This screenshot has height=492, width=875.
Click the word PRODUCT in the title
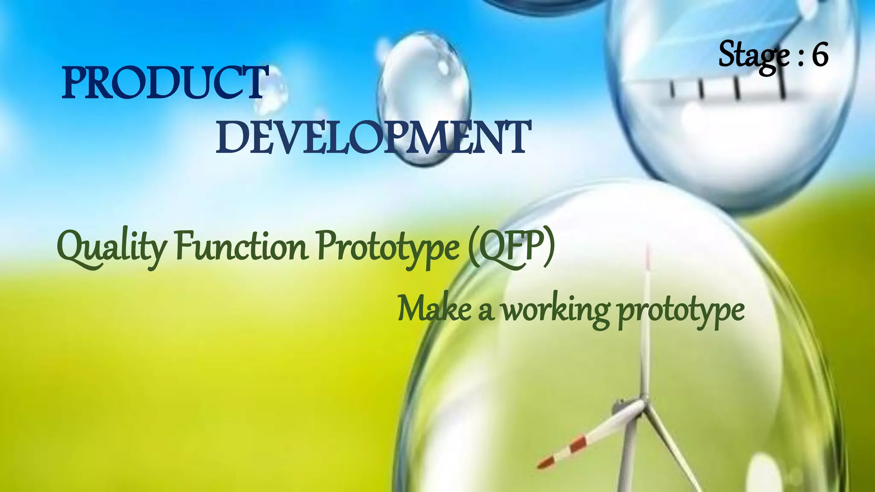[x=164, y=83]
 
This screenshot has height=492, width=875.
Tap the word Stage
[x=754, y=56]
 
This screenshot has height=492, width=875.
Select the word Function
[x=242, y=247]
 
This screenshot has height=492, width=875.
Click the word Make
[x=434, y=309]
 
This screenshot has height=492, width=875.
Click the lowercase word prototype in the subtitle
[x=681, y=311]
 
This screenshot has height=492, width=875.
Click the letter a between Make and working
[x=485, y=312]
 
